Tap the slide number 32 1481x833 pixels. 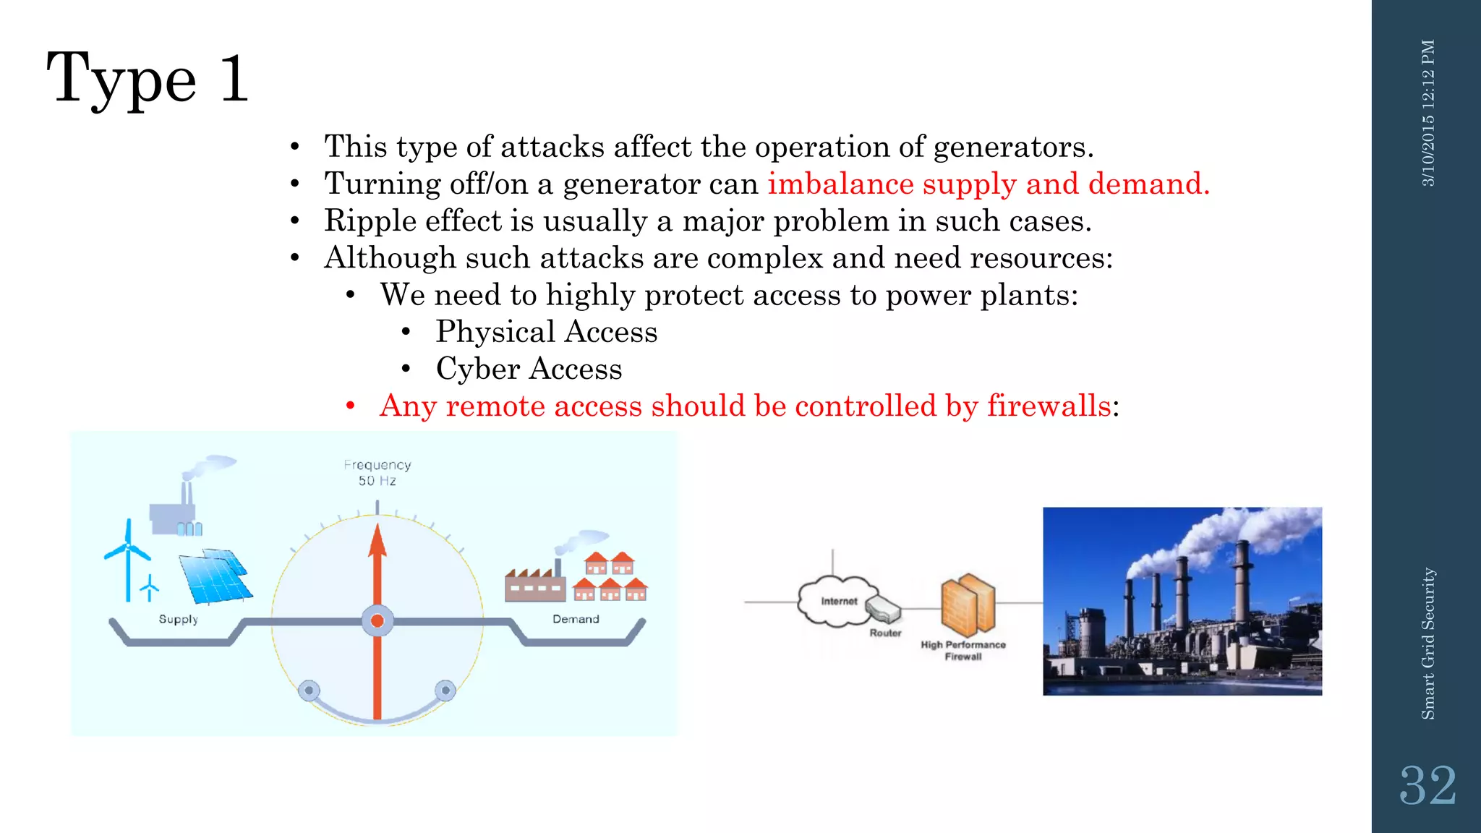pyautogui.click(x=1427, y=786)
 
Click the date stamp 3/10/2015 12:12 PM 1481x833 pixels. pyautogui.click(x=1427, y=114)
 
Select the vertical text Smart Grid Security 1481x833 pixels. pyautogui.click(x=1427, y=644)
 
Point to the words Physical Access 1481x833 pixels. pyautogui.click(x=546, y=332)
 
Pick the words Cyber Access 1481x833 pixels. pyautogui.click(x=529, y=369)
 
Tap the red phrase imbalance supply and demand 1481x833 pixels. pyautogui.click(x=988, y=184)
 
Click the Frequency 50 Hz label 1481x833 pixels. pyautogui.click(x=377, y=472)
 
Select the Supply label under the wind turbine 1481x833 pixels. pyautogui.click(x=178, y=619)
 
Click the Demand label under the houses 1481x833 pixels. pyautogui.click(x=576, y=619)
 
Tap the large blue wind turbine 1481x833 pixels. pyautogui.click(x=128, y=557)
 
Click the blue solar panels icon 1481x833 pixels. pyautogui.click(x=215, y=576)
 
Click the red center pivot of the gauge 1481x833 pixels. pyautogui.click(x=377, y=621)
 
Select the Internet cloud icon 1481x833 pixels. pyautogui.click(x=837, y=599)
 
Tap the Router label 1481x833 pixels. pyautogui.click(x=885, y=633)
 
